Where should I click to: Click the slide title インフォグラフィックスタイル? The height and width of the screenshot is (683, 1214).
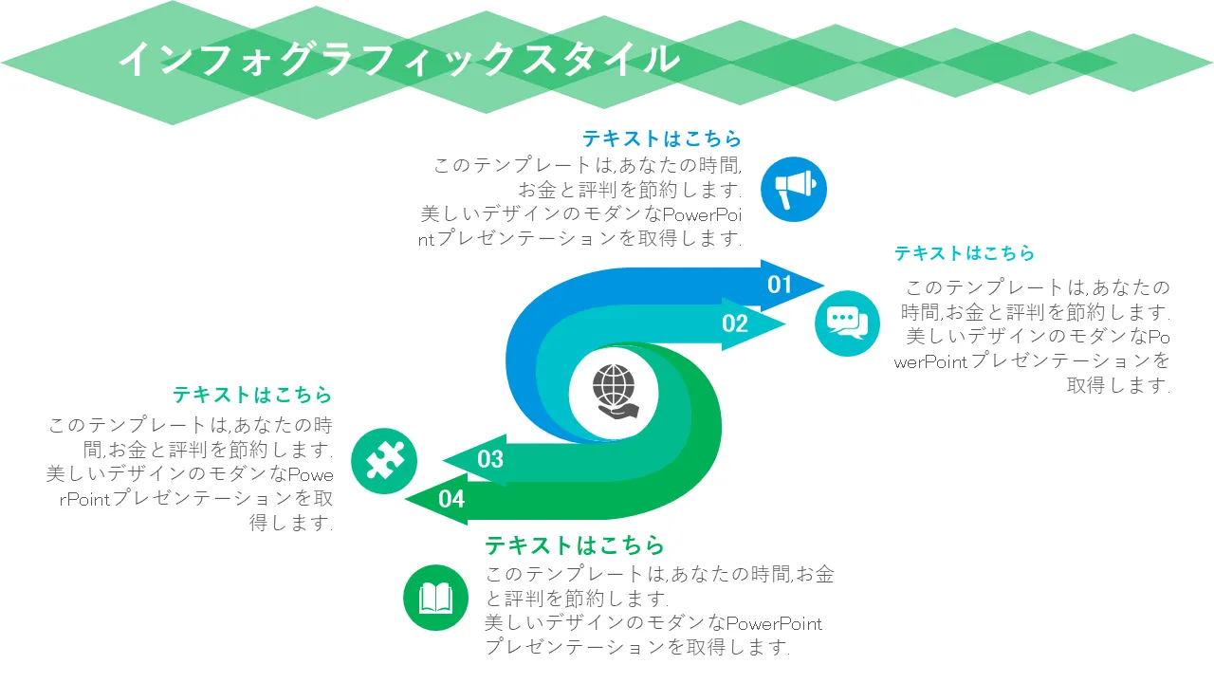coord(399,59)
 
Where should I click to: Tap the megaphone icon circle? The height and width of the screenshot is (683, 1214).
coord(794,189)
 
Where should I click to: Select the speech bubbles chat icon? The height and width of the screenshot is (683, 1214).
coord(847,323)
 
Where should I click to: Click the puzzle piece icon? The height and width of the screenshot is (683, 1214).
coord(384,461)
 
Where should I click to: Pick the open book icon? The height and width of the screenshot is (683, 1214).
coord(435,598)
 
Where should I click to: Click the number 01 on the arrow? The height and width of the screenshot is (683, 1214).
coord(780,285)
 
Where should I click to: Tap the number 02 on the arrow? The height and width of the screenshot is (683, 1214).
coord(735,323)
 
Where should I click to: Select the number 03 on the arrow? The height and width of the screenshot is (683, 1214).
coord(490,459)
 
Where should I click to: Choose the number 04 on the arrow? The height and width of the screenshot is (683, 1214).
coord(451,499)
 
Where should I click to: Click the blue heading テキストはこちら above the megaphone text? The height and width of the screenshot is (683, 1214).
coord(662,138)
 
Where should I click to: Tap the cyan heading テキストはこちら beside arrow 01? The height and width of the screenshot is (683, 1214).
coord(965,253)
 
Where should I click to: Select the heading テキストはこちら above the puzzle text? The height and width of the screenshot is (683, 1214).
coord(252,395)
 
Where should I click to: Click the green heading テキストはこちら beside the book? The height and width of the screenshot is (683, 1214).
coord(575,545)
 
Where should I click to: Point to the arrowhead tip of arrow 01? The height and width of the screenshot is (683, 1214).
coord(824,285)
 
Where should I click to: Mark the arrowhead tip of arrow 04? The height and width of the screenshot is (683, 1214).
coord(405,499)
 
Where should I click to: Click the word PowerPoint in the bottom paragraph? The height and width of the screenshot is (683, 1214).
coord(774,624)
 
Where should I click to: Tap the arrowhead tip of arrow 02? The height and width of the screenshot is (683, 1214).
coord(785,324)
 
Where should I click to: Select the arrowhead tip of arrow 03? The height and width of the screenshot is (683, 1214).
coord(443,461)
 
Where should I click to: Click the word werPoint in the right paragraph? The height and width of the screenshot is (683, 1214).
coord(930,362)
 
